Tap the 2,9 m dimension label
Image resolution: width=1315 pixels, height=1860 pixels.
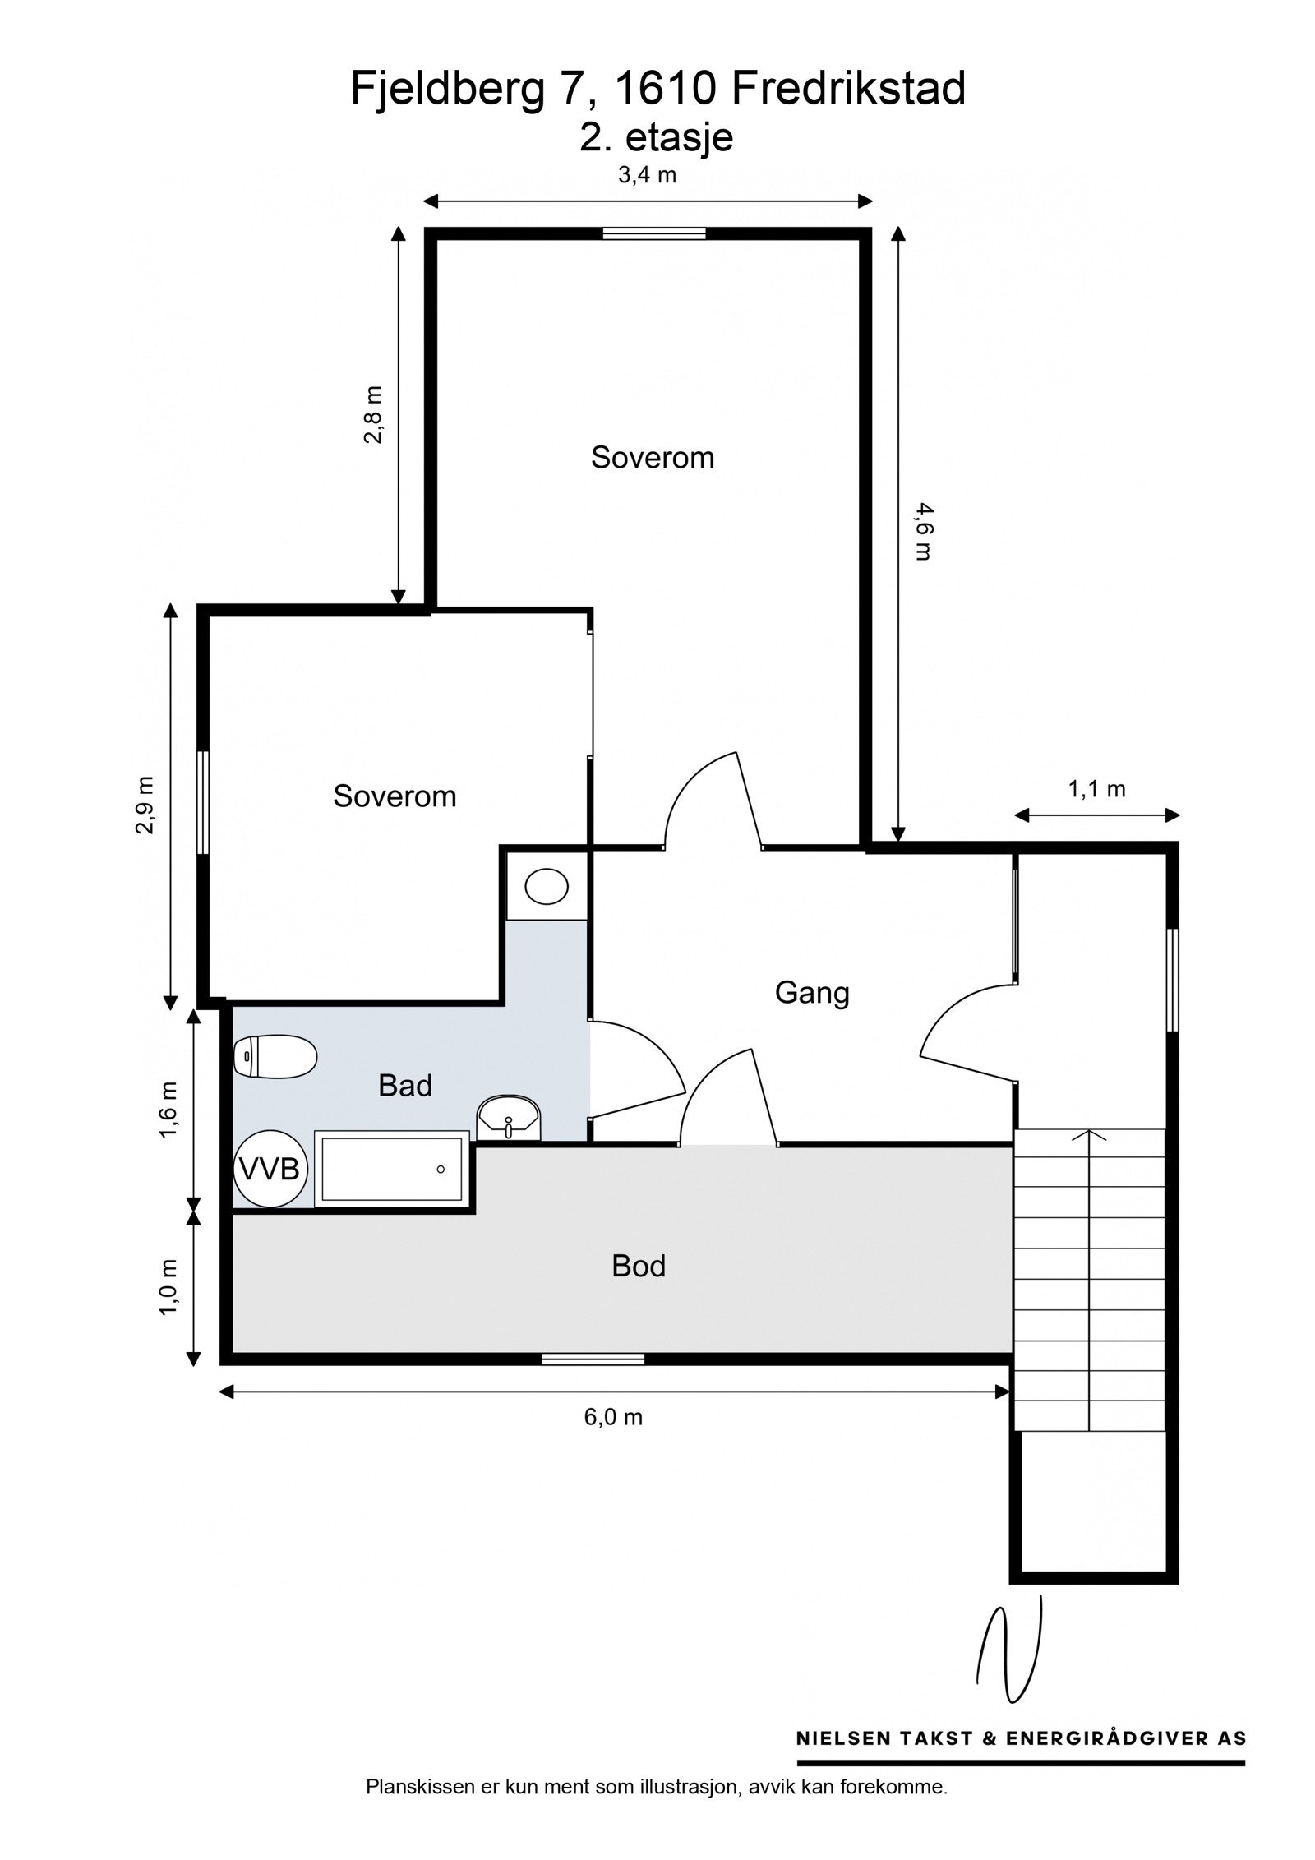tap(145, 805)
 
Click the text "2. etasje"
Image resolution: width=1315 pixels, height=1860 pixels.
tap(656, 137)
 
